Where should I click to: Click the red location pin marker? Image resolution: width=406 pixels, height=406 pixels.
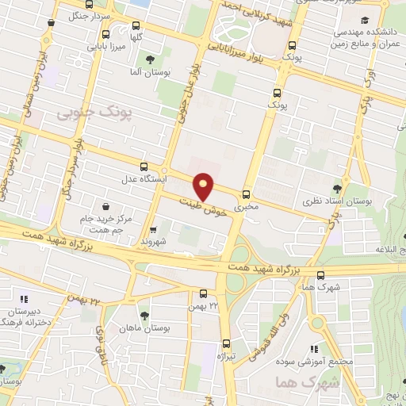(204, 186)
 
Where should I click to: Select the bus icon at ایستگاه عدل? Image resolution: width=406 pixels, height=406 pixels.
(144, 167)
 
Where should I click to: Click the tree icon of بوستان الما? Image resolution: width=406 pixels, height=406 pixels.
(149, 60)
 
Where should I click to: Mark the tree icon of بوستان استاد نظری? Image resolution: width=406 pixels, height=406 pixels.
(338, 188)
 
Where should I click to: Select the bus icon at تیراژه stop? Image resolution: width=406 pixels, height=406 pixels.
(226, 343)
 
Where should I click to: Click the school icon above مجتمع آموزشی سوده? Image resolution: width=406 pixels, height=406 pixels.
(314, 348)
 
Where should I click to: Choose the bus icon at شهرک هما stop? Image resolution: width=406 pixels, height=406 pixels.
(321, 276)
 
